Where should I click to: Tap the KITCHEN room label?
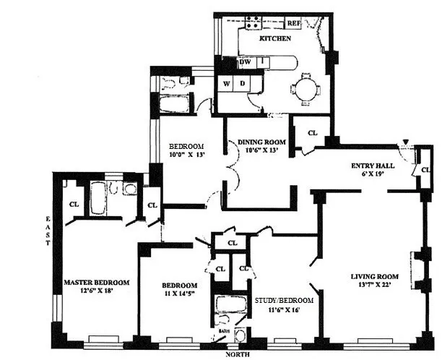(275, 38)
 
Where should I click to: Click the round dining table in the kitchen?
(304, 87)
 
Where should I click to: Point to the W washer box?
(227, 84)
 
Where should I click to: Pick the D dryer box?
(243, 84)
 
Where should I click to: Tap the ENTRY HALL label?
(366, 164)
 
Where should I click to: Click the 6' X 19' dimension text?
(366, 173)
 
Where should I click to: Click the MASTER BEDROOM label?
(96, 282)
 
